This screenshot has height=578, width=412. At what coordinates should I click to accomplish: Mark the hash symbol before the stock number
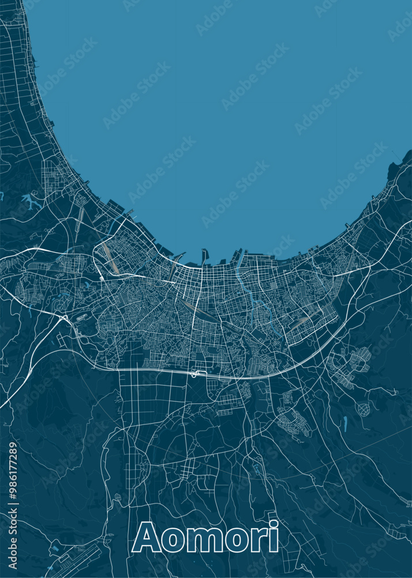pyautogui.click(x=13, y=498)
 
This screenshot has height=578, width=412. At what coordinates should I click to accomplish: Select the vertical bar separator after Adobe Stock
pyautogui.click(x=13, y=505)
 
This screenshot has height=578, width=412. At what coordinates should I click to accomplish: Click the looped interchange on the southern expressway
pyautogui.click(x=197, y=374)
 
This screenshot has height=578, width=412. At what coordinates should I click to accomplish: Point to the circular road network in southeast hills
pyautogui.click(x=363, y=409)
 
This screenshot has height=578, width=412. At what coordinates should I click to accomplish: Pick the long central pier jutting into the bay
pyautogui.click(x=204, y=257)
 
